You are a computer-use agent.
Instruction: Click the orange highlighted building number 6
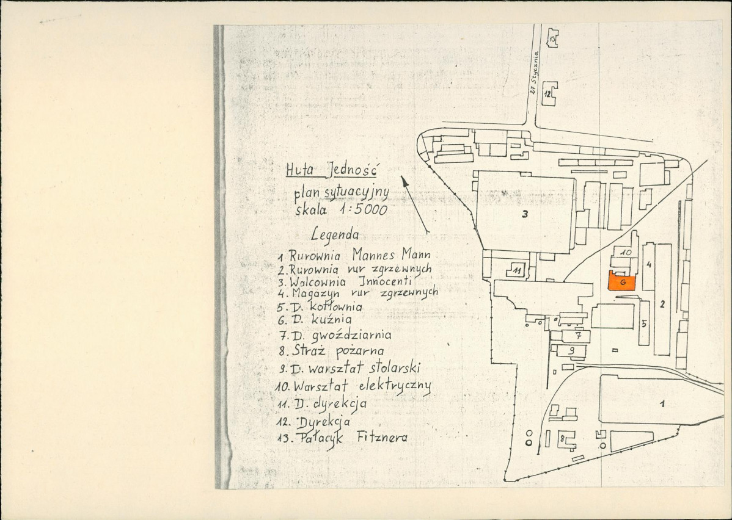[623, 282]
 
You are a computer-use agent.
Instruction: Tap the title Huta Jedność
[331, 170]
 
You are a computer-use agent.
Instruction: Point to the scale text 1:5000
[364, 210]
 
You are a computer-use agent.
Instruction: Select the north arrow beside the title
[414, 204]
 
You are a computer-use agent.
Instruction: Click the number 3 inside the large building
[525, 214]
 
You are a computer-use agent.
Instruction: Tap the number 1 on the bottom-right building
[662, 404]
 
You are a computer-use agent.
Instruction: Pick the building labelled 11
[517, 270]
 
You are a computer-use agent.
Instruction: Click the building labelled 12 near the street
[549, 94]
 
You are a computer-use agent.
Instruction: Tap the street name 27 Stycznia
[535, 73]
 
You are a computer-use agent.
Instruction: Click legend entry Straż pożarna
[338, 350]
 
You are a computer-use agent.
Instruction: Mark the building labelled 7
[576, 336]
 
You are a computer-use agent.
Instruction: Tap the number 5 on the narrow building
[644, 323]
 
